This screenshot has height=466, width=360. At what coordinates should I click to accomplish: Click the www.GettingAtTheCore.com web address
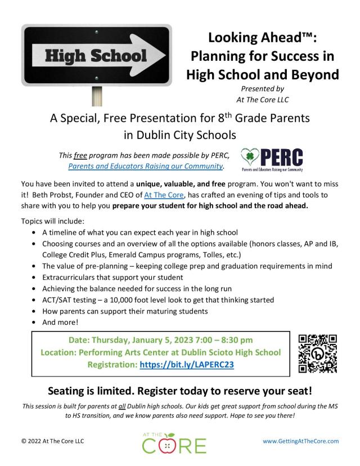click(301, 441)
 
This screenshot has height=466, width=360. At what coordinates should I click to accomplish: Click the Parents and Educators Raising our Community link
click(145, 167)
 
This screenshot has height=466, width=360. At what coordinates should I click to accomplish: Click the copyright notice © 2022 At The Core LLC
click(52, 441)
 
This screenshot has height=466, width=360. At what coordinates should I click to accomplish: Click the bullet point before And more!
click(37, 322)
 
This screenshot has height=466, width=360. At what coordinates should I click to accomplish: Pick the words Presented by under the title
click(263, 88)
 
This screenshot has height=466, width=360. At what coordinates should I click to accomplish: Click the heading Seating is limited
click(179, 391)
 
